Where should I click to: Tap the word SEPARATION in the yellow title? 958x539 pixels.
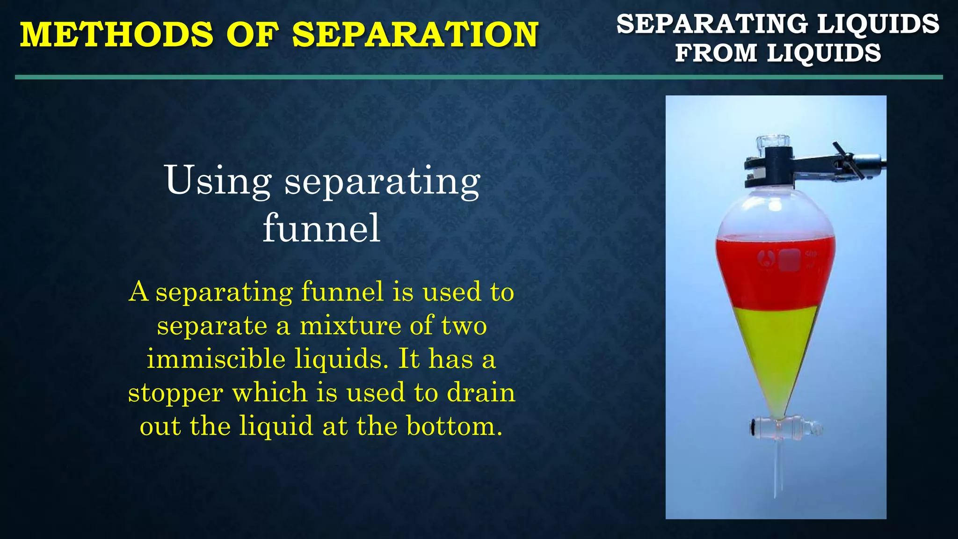tap(415, 35)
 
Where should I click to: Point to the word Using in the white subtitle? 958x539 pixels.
tap(218, 181)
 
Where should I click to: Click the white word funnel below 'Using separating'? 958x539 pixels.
tap(321, 228)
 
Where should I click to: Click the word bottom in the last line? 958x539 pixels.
tap(453, 426)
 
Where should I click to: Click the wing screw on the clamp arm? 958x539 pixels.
tap(848, 161)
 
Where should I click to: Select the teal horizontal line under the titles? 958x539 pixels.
tap(479, 77)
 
